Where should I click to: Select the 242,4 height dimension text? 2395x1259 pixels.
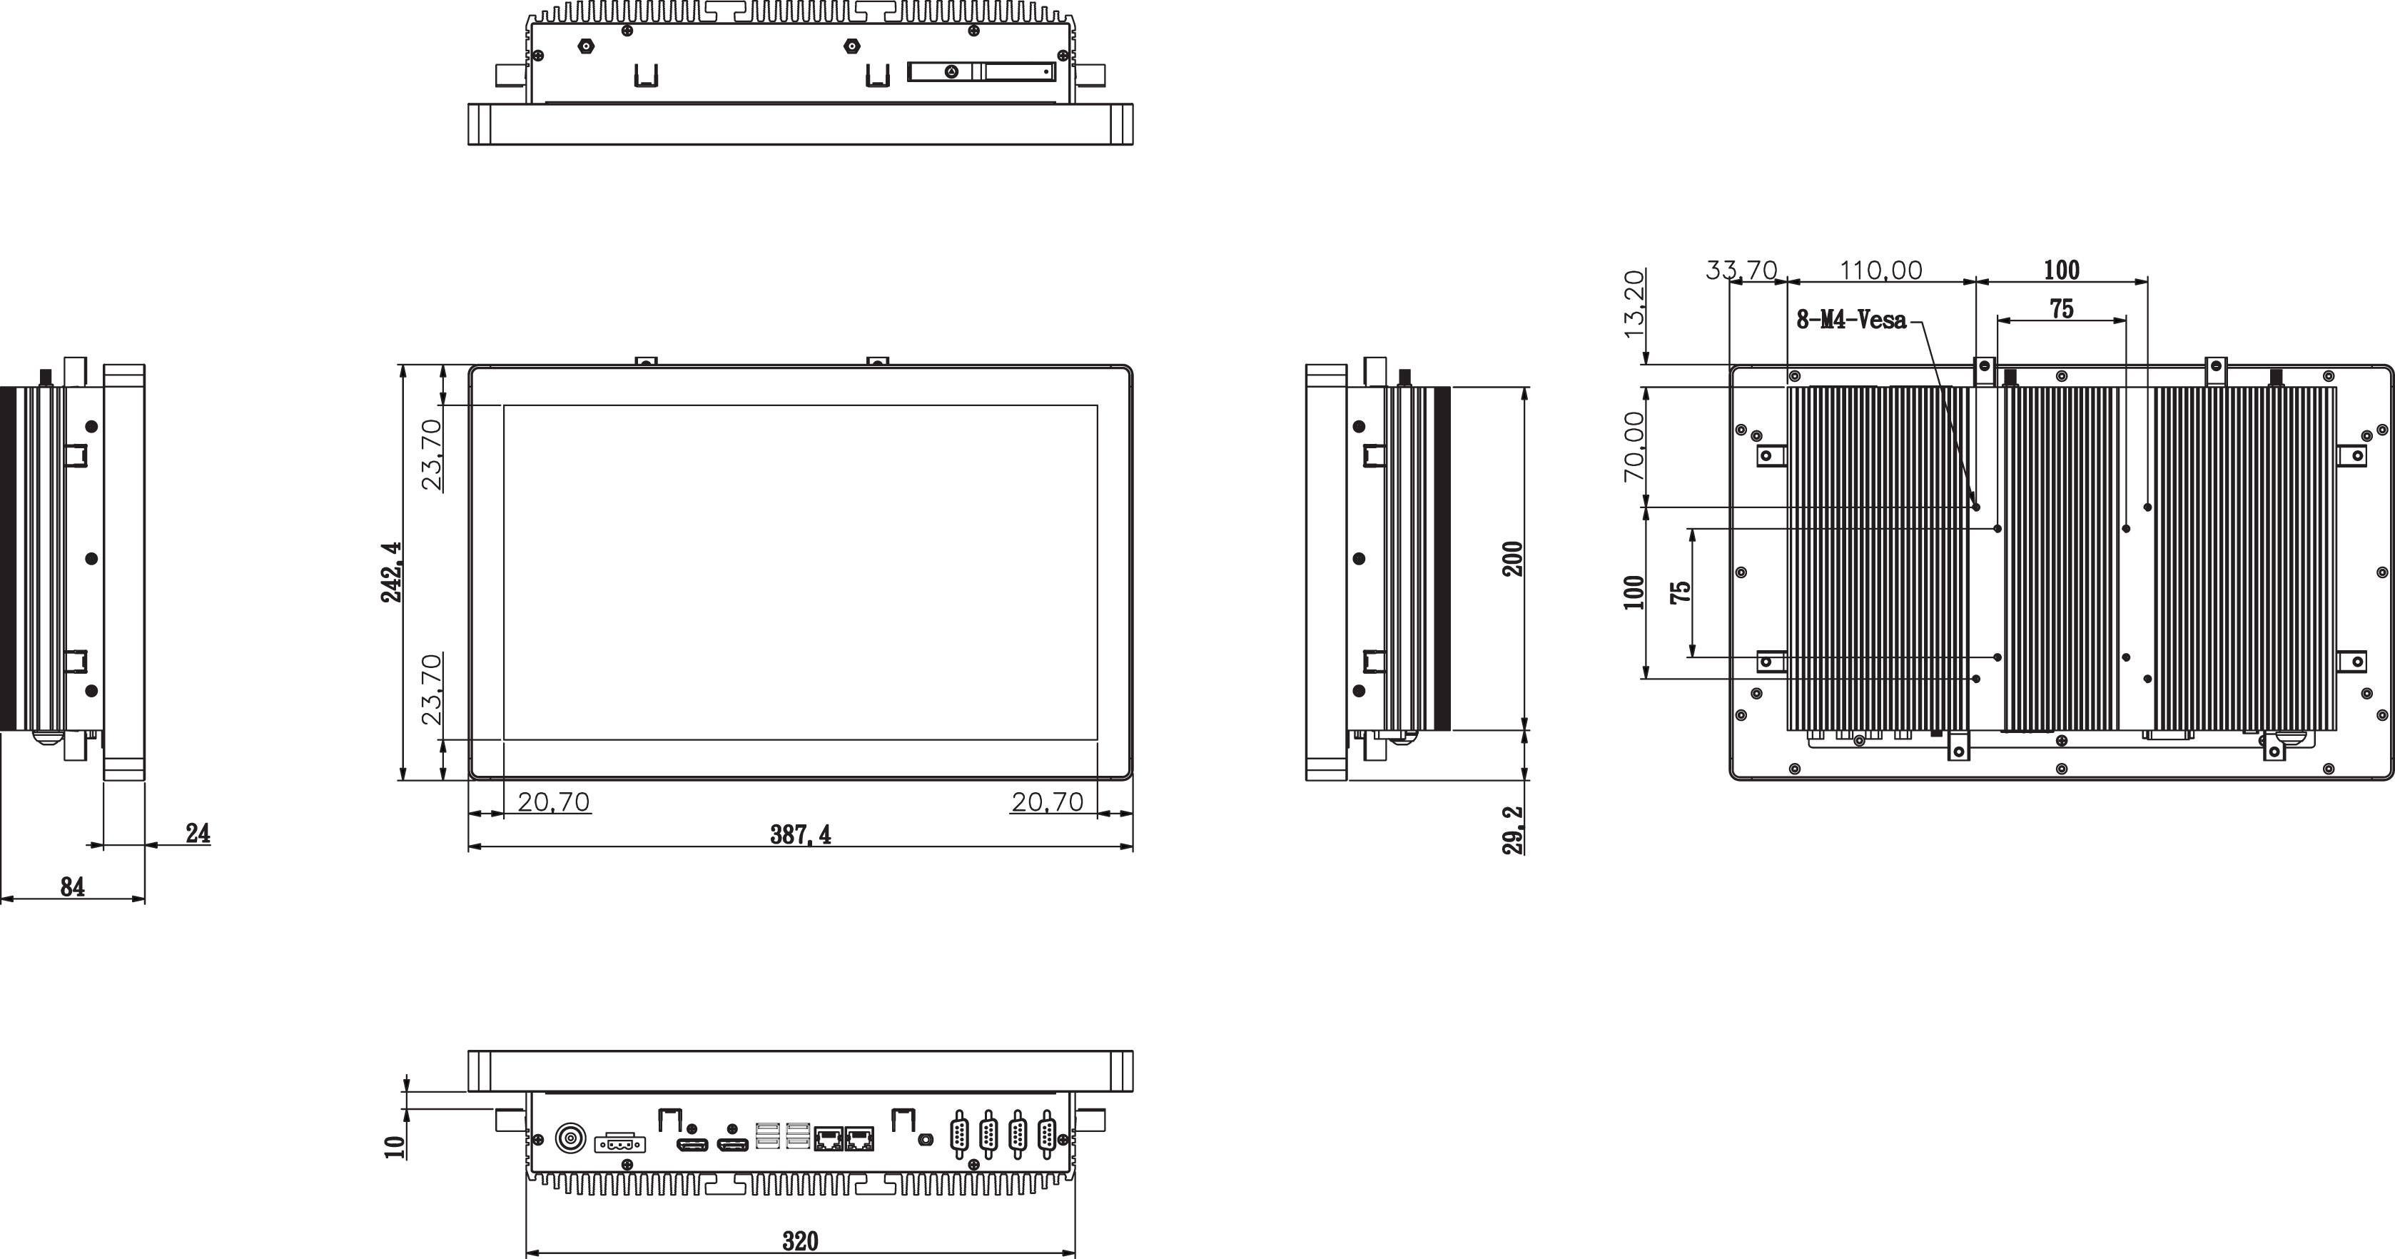tap(391, 572)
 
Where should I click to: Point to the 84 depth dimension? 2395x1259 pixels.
tap(73, 887)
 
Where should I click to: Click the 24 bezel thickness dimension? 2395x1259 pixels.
tap(197, 833)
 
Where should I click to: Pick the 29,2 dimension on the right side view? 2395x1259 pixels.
tap(1514, 829)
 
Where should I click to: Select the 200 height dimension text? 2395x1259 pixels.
tap(1514, 558)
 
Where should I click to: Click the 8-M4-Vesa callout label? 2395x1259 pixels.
tap(1850, 320)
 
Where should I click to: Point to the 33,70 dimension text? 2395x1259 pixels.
tap(1741, 270)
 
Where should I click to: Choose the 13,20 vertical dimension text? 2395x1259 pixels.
tap(1634, 303)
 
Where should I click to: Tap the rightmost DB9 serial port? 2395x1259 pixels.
tap(1047, 1134)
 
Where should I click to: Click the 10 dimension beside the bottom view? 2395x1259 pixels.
tap(396, 1146)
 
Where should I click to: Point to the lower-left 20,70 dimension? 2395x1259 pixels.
tap(553, 802)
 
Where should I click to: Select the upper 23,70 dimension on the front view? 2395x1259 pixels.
tap(431, 455)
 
